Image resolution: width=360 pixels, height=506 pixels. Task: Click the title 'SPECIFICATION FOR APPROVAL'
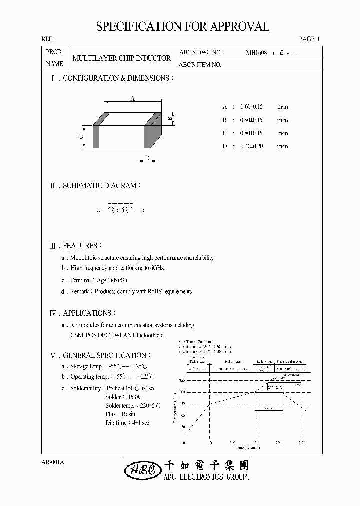coord(182,27)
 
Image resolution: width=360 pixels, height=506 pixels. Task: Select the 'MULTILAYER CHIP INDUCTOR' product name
coord(121,58)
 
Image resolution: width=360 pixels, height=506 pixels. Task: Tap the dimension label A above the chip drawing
coord(133,99)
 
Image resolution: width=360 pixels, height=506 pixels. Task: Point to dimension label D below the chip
coord(147,158)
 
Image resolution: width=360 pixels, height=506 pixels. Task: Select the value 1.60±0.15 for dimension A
coord(251,107)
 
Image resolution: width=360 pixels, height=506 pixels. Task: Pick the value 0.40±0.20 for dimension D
coord(251,146)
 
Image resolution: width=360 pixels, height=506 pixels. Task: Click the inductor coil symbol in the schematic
coord(120,210)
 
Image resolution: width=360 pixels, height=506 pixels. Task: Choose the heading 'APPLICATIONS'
coord(87,313)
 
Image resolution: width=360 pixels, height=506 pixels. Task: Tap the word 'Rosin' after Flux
coord(127,414)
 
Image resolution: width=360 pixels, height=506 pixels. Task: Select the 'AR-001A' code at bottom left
coord(53,463)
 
